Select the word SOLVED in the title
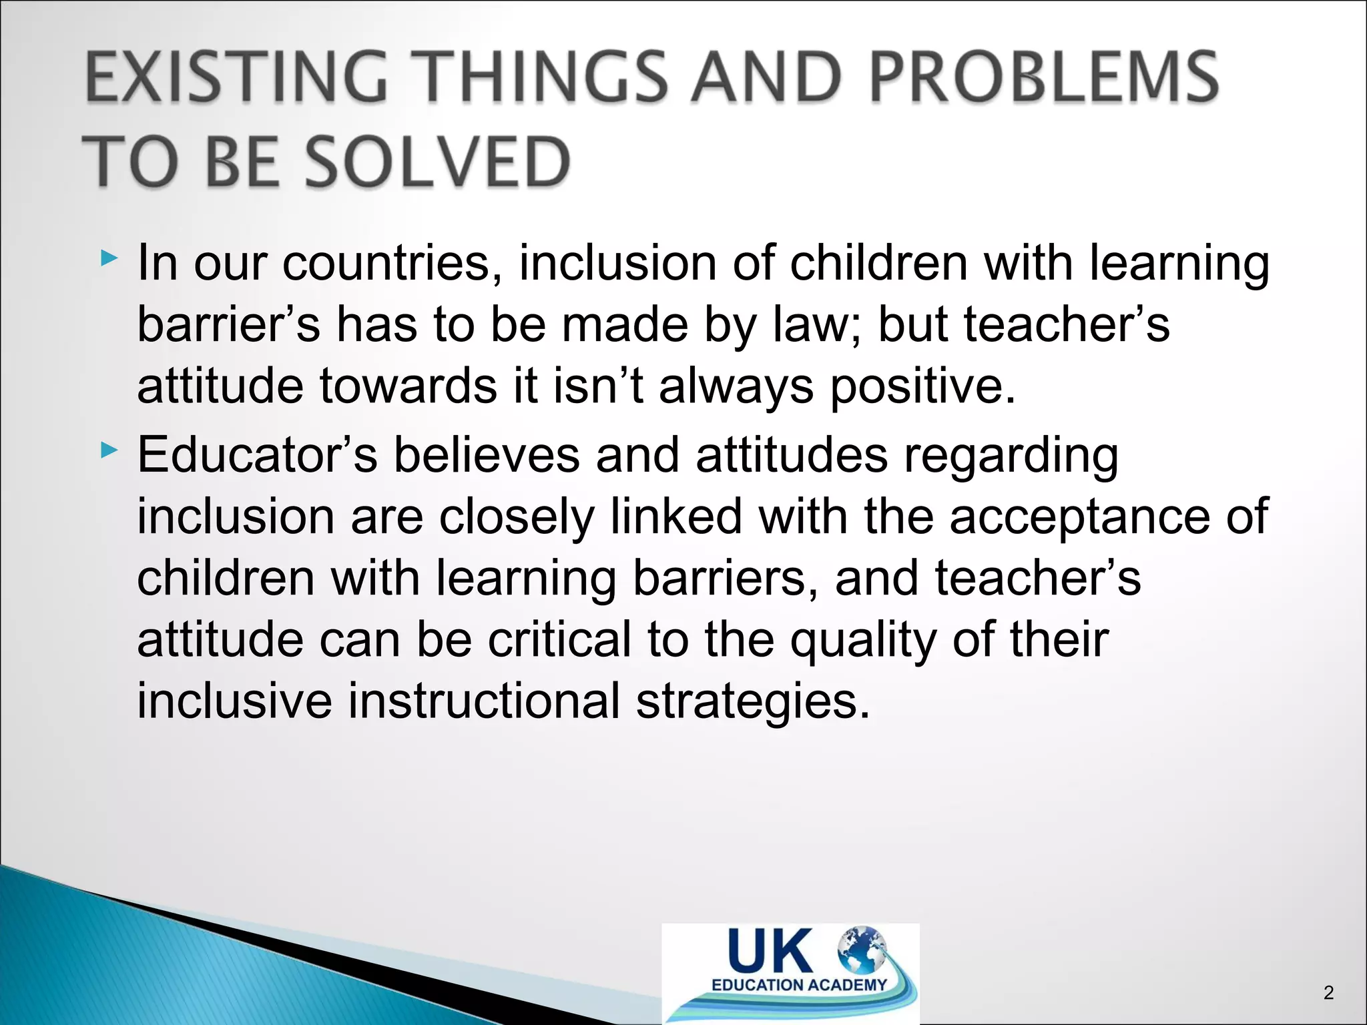point(438,162)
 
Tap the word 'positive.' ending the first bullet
point(922,387)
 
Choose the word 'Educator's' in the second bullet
point(257,455)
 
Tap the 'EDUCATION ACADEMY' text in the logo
point(799,985)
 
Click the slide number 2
point(1328,993)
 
